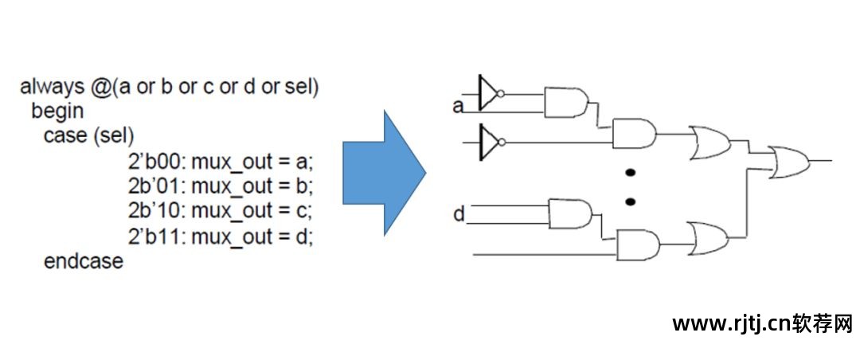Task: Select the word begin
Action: tap(57, 111)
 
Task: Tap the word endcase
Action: tap(84, 261)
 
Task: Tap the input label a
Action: tap(458, 106)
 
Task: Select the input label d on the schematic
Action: tap(459, 214)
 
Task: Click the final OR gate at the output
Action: tap(788, 161)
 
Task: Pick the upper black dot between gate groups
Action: tap(630, 172)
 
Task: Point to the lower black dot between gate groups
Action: tap(630, 202)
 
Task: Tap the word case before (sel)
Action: tap(64, 136)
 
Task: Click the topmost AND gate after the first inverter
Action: tap(565, 103)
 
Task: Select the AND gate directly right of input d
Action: tap(569, 213)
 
